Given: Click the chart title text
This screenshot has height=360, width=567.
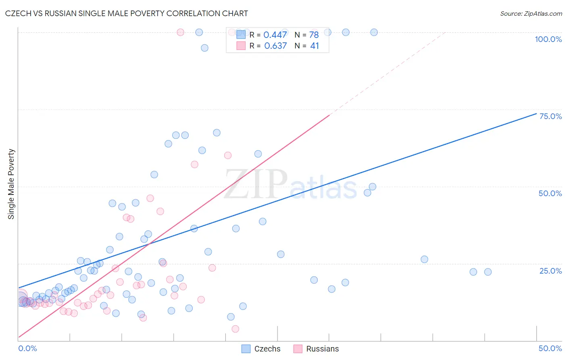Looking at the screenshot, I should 126,13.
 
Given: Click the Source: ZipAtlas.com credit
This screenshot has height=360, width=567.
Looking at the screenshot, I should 531,13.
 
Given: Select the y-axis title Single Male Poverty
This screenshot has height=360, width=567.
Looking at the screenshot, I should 11,184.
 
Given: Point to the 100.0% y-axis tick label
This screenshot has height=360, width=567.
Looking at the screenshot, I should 548,39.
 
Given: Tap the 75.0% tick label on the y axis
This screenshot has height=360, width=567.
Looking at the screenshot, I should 550,116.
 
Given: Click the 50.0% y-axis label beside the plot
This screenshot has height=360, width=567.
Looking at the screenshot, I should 550,193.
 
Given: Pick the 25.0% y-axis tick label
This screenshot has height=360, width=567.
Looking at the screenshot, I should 550,271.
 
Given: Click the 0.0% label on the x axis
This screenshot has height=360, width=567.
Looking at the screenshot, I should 27,348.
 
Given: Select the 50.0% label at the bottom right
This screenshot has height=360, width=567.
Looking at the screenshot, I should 550,348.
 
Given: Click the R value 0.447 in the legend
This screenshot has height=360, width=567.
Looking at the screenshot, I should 275,35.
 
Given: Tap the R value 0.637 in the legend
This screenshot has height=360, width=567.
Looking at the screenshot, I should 275,46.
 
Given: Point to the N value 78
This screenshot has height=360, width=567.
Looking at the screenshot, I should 314,35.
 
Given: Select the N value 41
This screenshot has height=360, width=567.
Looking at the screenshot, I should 314,46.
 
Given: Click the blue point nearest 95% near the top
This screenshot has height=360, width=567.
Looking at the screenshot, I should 204,48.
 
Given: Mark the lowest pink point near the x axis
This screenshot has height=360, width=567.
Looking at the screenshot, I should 236,329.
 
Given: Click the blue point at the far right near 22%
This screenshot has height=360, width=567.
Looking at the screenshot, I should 488,272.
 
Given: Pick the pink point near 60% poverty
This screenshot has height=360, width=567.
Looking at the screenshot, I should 228,155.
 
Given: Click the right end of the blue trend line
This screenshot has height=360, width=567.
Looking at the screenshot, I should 536,113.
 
